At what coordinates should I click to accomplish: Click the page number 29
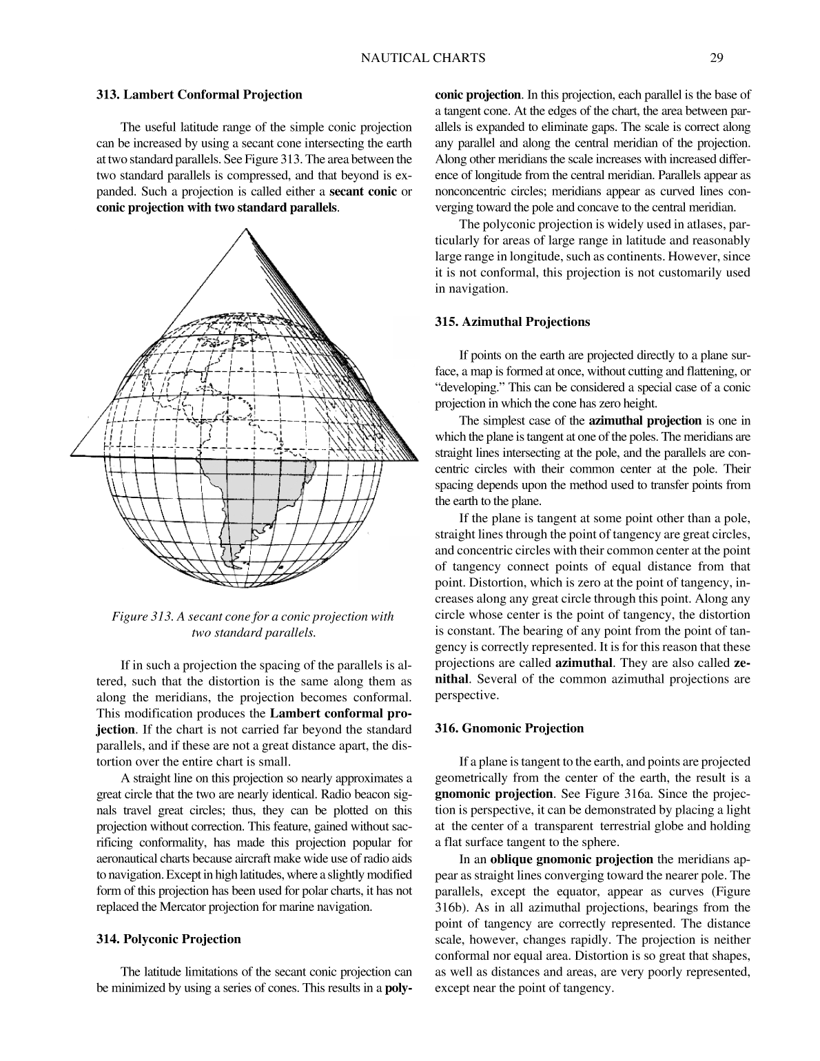(716, 59)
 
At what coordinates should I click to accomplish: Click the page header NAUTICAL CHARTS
(423, 59)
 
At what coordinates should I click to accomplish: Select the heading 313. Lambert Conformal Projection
(198, 95)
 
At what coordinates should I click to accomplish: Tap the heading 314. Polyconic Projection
(168, 939)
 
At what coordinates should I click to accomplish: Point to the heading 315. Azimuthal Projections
(513, 322)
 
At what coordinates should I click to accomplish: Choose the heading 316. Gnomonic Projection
(509, 728)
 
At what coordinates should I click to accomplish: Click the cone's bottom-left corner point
(72, 455)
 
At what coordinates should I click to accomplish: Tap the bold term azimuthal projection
(645, 420)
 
